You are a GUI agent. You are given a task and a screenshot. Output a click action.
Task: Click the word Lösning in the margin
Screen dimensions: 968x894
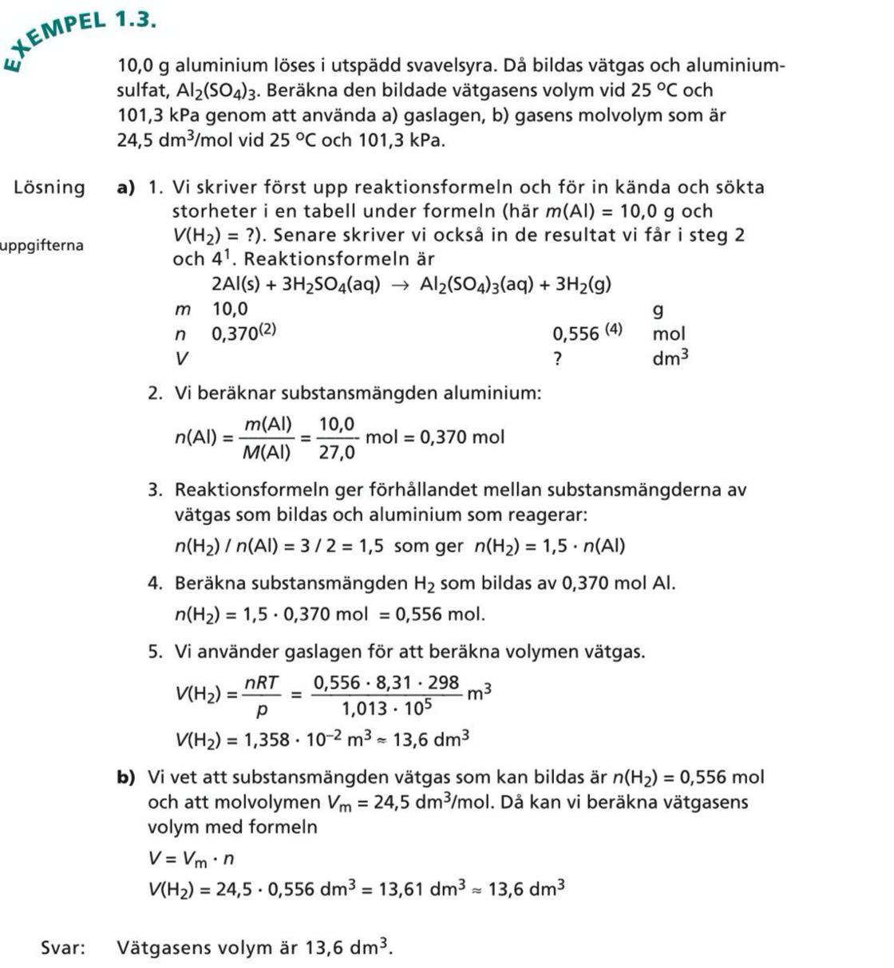coord(49,188)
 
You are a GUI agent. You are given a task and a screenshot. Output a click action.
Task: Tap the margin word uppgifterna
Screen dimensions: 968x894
coord(42,245)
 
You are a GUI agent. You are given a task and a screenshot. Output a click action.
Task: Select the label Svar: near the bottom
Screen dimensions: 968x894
coord(63,947)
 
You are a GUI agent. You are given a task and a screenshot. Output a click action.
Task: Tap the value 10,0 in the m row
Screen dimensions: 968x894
coord(230,309)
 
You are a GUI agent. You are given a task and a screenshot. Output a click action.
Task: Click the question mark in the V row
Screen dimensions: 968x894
coord(558,359)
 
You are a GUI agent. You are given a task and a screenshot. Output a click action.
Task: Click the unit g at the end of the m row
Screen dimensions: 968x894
coord(658,309)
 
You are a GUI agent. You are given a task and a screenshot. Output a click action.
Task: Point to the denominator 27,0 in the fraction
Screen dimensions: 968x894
coord(337,452)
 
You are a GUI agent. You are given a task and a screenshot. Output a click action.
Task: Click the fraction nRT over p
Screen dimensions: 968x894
coord(262,694)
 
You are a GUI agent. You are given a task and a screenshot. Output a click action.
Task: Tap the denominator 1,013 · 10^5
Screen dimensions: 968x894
coord(386,708)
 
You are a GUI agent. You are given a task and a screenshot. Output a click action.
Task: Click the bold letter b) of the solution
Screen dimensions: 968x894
coord(125,777)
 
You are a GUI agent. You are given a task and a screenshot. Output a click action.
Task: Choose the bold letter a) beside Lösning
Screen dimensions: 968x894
coord(126,188)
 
